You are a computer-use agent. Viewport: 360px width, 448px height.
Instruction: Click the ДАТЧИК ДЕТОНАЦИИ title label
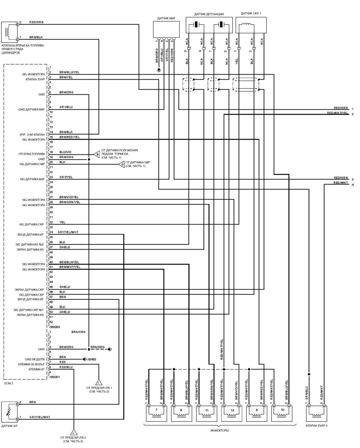tap(209, 14)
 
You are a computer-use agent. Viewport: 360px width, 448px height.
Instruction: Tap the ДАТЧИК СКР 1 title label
tap(251, 14)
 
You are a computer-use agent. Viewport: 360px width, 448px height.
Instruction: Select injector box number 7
tap(156, 413)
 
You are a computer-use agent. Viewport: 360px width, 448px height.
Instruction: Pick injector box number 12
tap(232, 413)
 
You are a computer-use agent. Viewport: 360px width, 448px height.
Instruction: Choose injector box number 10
tap(282, 413)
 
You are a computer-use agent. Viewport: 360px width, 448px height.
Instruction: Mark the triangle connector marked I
tap(99, 382)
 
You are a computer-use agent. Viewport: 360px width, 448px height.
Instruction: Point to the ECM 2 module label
tap(9, 383)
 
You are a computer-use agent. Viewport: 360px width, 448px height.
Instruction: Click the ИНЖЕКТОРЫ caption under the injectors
tap(219, 430)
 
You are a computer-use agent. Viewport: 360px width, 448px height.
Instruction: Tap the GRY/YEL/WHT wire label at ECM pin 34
tap(69, 232)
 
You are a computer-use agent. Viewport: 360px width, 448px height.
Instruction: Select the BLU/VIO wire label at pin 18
tap(65, 152)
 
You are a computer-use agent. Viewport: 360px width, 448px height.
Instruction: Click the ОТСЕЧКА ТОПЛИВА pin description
tap(31, 154)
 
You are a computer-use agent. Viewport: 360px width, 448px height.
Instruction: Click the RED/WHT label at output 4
tap(341, 183)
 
